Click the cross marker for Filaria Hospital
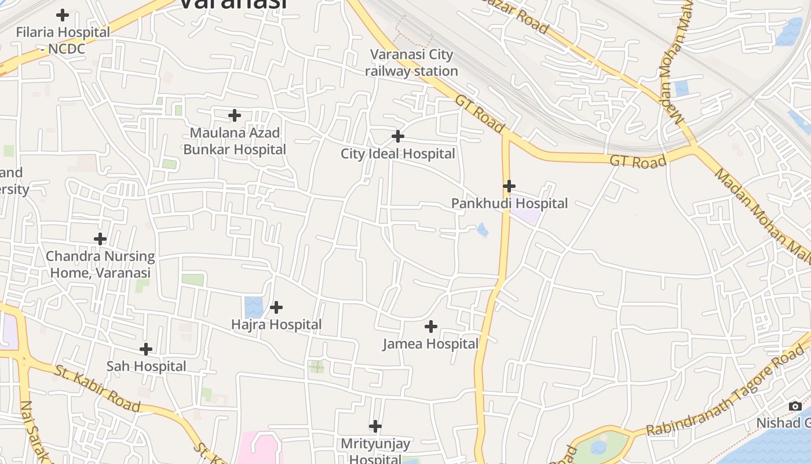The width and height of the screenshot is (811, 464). [63, 15]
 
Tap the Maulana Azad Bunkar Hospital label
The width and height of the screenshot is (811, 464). [235, 141]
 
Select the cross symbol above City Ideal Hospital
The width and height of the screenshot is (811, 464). [398, 137]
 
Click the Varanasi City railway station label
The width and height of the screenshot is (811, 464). [412, 63]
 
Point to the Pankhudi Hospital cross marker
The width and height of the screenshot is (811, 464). [509, 186]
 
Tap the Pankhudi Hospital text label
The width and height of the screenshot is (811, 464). [509, 204]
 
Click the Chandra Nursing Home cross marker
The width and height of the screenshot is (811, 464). [100, 239]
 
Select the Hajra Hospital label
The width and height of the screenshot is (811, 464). [276, 325]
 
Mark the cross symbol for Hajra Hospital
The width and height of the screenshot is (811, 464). [276, 307]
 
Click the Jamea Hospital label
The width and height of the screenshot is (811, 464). [430, 344]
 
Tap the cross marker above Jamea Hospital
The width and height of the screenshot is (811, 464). [431, 327]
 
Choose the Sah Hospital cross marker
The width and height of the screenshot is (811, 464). [146, 349]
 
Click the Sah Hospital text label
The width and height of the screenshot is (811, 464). [146, 367]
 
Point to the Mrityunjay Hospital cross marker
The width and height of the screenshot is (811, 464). [375, 427]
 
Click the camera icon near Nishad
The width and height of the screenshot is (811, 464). [795, 406]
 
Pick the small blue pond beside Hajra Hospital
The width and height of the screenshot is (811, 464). [253, 307]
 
